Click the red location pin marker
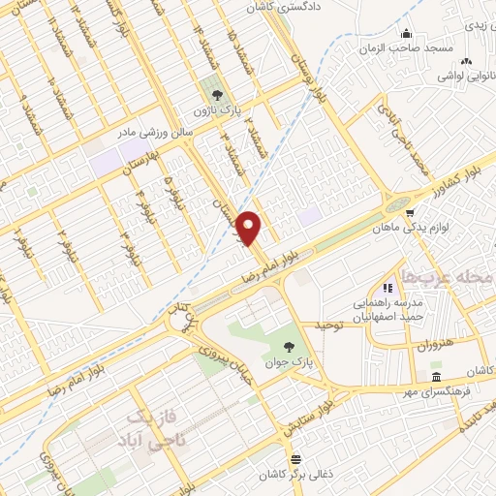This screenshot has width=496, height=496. (249, 228)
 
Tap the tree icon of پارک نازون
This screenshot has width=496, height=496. (216, 94)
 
